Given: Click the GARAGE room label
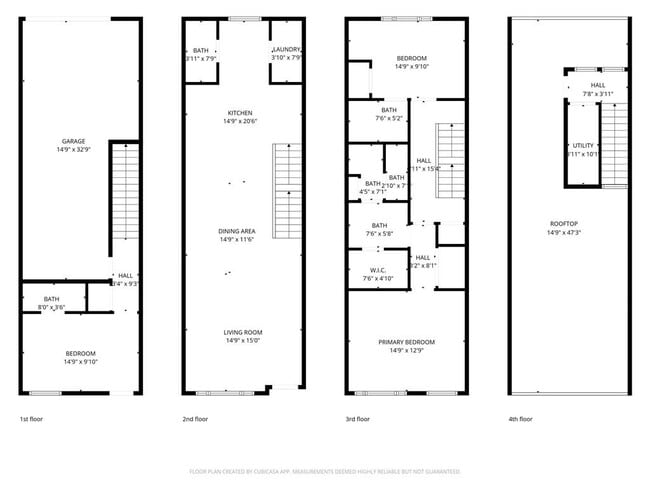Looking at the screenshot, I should tap(72, 141).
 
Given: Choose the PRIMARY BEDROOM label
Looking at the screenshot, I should tap(406, 342).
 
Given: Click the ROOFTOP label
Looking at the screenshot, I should tap(562, 224).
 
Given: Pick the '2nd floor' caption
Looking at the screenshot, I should tap(195, 419).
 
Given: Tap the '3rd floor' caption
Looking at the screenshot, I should tap(357, 419).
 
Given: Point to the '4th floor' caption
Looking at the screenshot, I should tap(520, 419).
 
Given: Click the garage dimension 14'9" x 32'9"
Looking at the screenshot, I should tap(72, 150).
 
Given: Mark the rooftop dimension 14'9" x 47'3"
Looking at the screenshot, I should tap(562, 233).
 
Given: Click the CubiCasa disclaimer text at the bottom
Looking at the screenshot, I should tap(325, 470).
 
